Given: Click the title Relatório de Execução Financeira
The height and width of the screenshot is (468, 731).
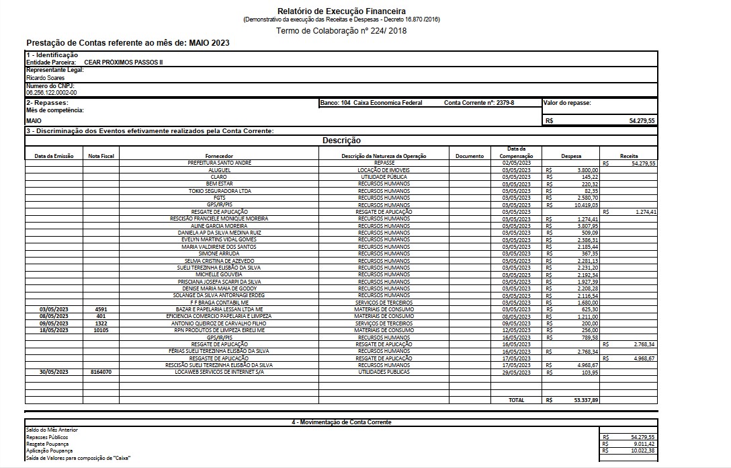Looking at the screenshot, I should (341, 11).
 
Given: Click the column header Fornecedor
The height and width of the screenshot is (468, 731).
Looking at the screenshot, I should (218, 156).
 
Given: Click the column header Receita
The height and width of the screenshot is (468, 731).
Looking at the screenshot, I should (630, 156).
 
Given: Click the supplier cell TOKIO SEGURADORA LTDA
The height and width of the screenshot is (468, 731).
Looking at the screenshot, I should (218, 191).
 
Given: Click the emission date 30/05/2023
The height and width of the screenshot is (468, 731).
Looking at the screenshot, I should (54, 372).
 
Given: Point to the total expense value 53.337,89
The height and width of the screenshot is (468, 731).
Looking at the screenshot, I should (586, 400).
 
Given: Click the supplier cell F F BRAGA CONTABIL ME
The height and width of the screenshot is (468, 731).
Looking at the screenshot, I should (218, 302).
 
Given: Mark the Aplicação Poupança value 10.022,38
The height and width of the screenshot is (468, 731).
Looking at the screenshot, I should (642, 451).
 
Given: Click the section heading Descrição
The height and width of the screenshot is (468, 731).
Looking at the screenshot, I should (341, 141).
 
